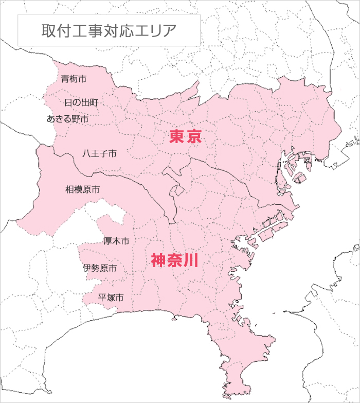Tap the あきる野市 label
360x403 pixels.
(68, 119)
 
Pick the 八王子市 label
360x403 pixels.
(99, 153)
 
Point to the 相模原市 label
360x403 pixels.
(82, 189)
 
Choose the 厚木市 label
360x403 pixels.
(116, 241)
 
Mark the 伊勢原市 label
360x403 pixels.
(99, 268)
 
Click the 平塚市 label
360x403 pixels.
(111, 297)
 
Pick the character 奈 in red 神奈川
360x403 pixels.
(175, 260)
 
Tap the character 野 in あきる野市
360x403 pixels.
(76, 119)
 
